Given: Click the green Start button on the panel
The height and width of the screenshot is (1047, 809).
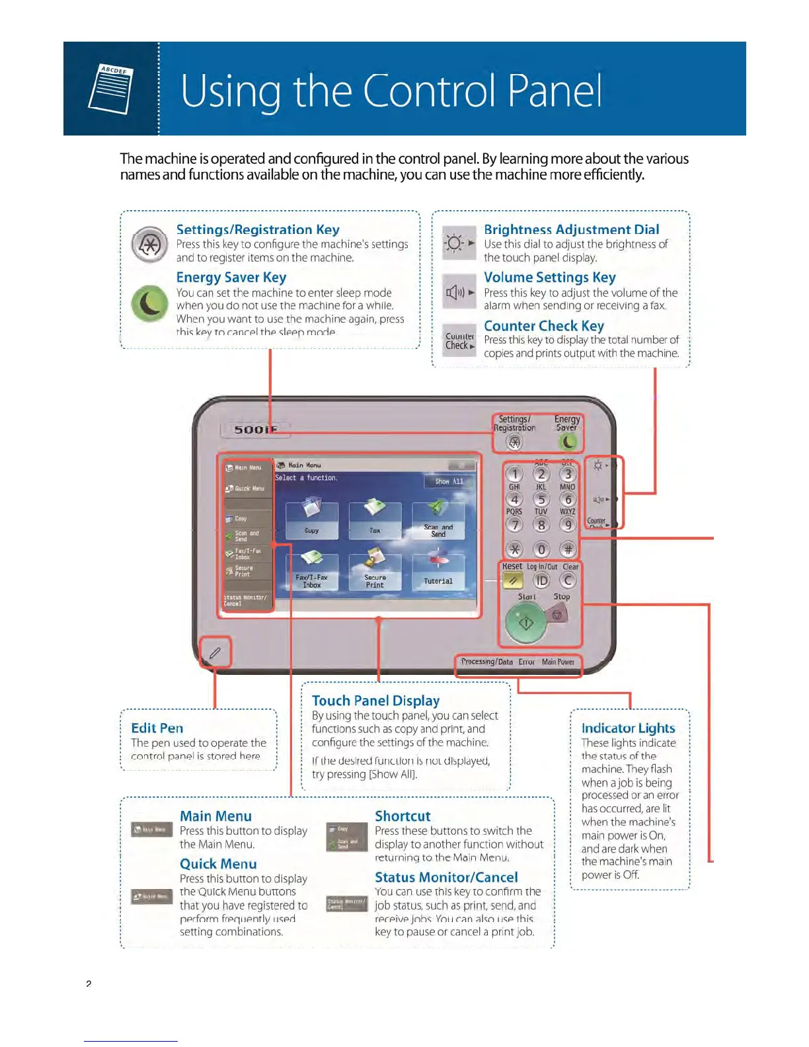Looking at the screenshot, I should pyautogui.click(x=526, y=623).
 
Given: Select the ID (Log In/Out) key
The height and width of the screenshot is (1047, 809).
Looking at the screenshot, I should pyautogui.click(x=541, y=580).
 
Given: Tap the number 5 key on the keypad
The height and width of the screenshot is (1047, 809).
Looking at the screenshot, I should pyautogui.click(x=541, y=500).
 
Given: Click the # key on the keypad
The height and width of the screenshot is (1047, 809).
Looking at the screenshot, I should pyautogui.click(x=568, y=549).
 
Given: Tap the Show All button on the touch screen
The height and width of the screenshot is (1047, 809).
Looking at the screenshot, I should pyautogui.click(x=449, y=482).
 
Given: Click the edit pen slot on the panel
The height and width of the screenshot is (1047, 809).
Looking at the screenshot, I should pyautogui.click(x=215, y=653).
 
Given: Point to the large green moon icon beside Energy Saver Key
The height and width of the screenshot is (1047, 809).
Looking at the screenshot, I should pyautogui.click(x=149, y=303).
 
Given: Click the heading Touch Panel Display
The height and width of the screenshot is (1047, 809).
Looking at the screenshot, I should pyautogui.click(x=375, y=701).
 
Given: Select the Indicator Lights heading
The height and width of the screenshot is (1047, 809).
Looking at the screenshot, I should pyautogui.click(x=628, y=728).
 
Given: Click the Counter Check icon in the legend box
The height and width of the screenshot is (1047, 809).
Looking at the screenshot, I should pyautogui.click(x=459, y=341).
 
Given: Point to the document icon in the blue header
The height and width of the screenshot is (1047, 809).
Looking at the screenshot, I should pyautogui.click(x=111, y=89).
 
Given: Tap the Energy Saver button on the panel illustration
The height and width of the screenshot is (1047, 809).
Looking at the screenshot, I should pyautogui.click(x=568, y=442).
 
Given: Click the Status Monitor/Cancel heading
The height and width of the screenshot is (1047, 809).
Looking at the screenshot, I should pyautogui.click(x=446, y=877).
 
